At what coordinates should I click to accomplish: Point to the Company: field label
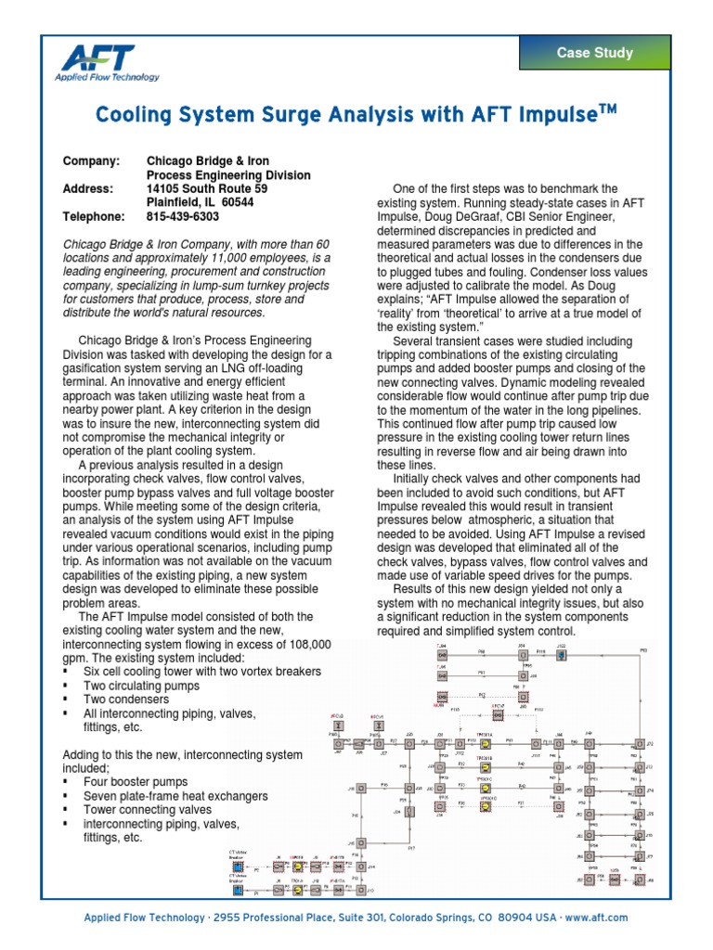click(91, 161)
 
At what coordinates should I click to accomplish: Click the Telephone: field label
click(93, 216)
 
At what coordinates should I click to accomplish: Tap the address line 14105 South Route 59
click(207, 188)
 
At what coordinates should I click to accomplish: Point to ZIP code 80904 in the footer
click(531, 917)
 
